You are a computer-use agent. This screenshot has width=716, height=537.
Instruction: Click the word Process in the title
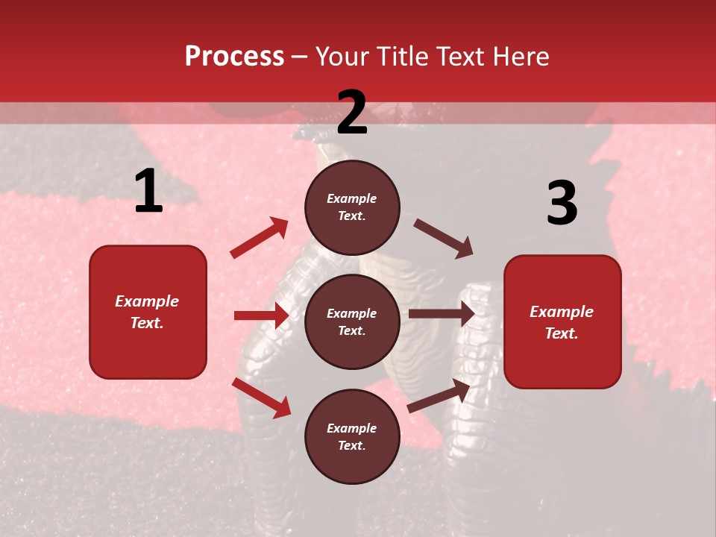[x=234, y=57]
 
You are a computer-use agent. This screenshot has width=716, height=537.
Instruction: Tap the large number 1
[x=148, y=192]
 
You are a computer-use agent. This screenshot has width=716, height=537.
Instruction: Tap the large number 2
[x=352, y=113]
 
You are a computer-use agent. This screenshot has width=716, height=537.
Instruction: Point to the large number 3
[x=562, y=203]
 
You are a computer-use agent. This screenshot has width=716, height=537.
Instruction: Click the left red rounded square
[x=148, y=312]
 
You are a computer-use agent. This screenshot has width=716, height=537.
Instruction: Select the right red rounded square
[x=562, y=321]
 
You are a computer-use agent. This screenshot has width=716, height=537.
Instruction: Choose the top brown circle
[x=352, y=207]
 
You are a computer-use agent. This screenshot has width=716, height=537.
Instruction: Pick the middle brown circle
[x=352, y=321]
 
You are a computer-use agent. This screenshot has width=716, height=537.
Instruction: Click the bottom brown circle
[x=352, y=436]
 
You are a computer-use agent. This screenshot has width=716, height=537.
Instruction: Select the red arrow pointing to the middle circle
[x=261, y=315]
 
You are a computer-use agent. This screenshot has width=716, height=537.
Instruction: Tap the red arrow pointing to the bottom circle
[x=261, y=398]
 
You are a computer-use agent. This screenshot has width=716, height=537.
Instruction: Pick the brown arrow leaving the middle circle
[x=442, y=314]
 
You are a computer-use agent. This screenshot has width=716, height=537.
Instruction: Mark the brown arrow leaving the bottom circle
[x=439, y=395]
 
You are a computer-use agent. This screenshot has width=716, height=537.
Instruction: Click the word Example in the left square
[x=147, y=301]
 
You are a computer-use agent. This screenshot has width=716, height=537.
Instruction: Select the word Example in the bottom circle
[x=352, y=428]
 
